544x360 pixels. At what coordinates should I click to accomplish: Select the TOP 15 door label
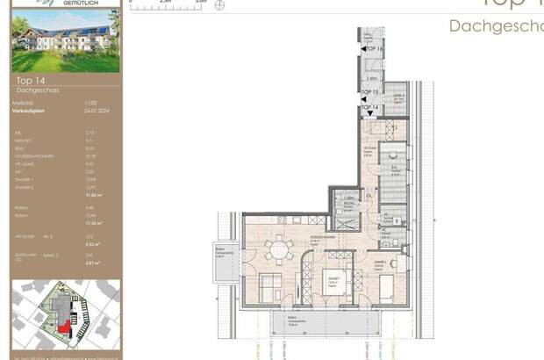370,92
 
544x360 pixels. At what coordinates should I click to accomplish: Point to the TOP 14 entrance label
372,105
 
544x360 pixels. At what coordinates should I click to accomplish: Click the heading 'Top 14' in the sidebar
31,82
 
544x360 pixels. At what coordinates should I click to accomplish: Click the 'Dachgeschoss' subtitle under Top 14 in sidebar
36,90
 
